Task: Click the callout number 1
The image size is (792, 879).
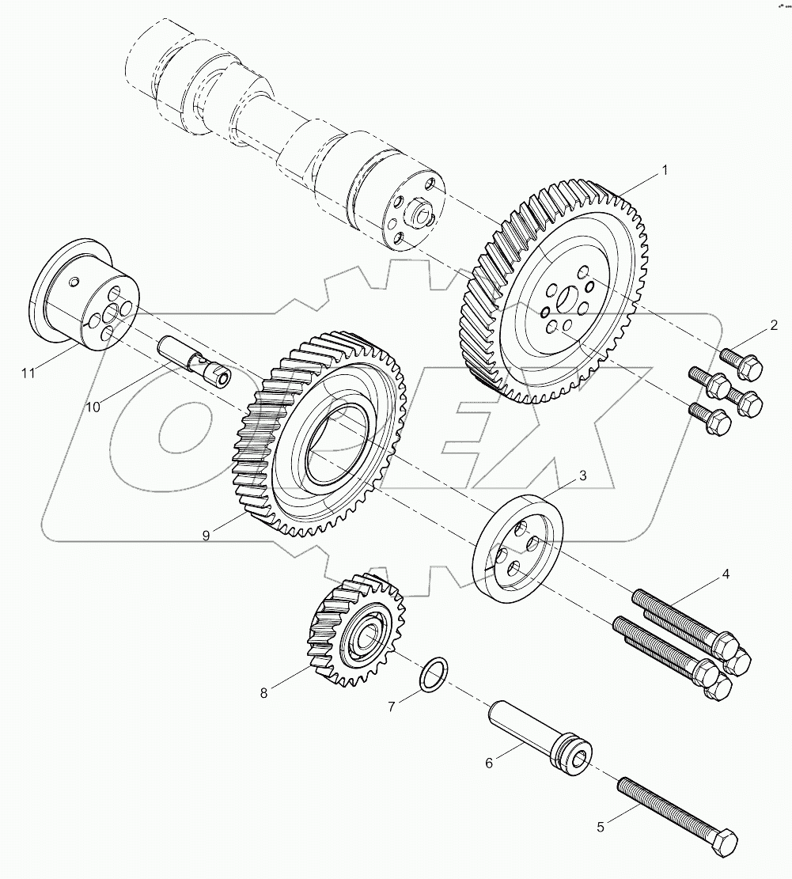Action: click(665, 169)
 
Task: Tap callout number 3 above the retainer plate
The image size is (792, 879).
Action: click(582, 475)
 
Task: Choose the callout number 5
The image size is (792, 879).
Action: click(601, 827)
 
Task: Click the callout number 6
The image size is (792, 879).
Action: click(489, 763)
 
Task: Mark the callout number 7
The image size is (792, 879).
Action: click(391, 707)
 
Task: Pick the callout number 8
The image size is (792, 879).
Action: click(263, 693)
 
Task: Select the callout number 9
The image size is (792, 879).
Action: click(206, 536)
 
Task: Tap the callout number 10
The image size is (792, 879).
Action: click(93, 407)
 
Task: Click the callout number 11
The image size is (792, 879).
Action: click(28, 373)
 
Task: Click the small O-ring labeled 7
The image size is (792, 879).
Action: click(432, 672)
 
